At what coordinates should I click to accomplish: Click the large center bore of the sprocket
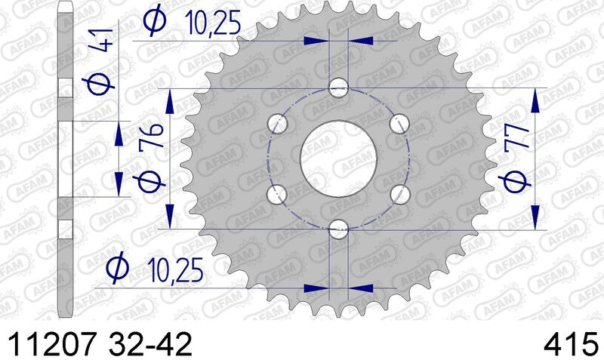pyautogui.click(x=338, y=157)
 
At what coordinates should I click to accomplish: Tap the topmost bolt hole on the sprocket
pyautogui.click(x=338, y=89)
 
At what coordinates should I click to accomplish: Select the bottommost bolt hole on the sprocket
pyautogui.click(x=338, y=228)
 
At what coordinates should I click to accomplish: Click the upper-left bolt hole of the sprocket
pyautogui.click(x=279, y=122)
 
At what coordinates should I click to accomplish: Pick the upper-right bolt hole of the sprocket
pyautogui.click(x=398, y=122)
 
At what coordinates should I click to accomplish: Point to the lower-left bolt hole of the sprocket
pyautogui.click(x=279, y=193)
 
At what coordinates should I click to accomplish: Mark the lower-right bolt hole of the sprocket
pyautogui.click(x=398, y=193)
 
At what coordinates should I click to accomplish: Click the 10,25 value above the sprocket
pyautogui.click(x=212, y=24)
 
